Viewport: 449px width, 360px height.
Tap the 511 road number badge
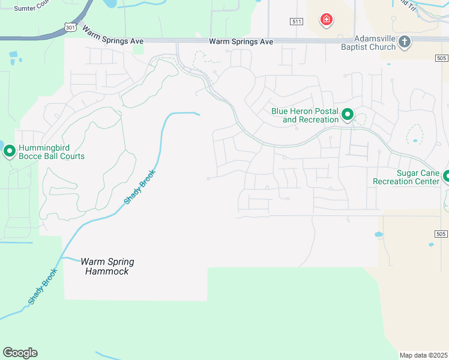tap(296, 22)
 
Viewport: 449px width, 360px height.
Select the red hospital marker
tap(327, 20)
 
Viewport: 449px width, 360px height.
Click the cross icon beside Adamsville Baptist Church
tap(405, 41)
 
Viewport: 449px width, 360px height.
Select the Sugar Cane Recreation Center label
tap(406, 177)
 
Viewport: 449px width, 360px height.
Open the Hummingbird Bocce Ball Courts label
tap(51, 152)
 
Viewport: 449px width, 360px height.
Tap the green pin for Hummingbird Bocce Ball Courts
tap(9, 151)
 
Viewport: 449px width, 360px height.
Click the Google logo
tap(20, 353)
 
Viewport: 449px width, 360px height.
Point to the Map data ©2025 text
tap(423, 355)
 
